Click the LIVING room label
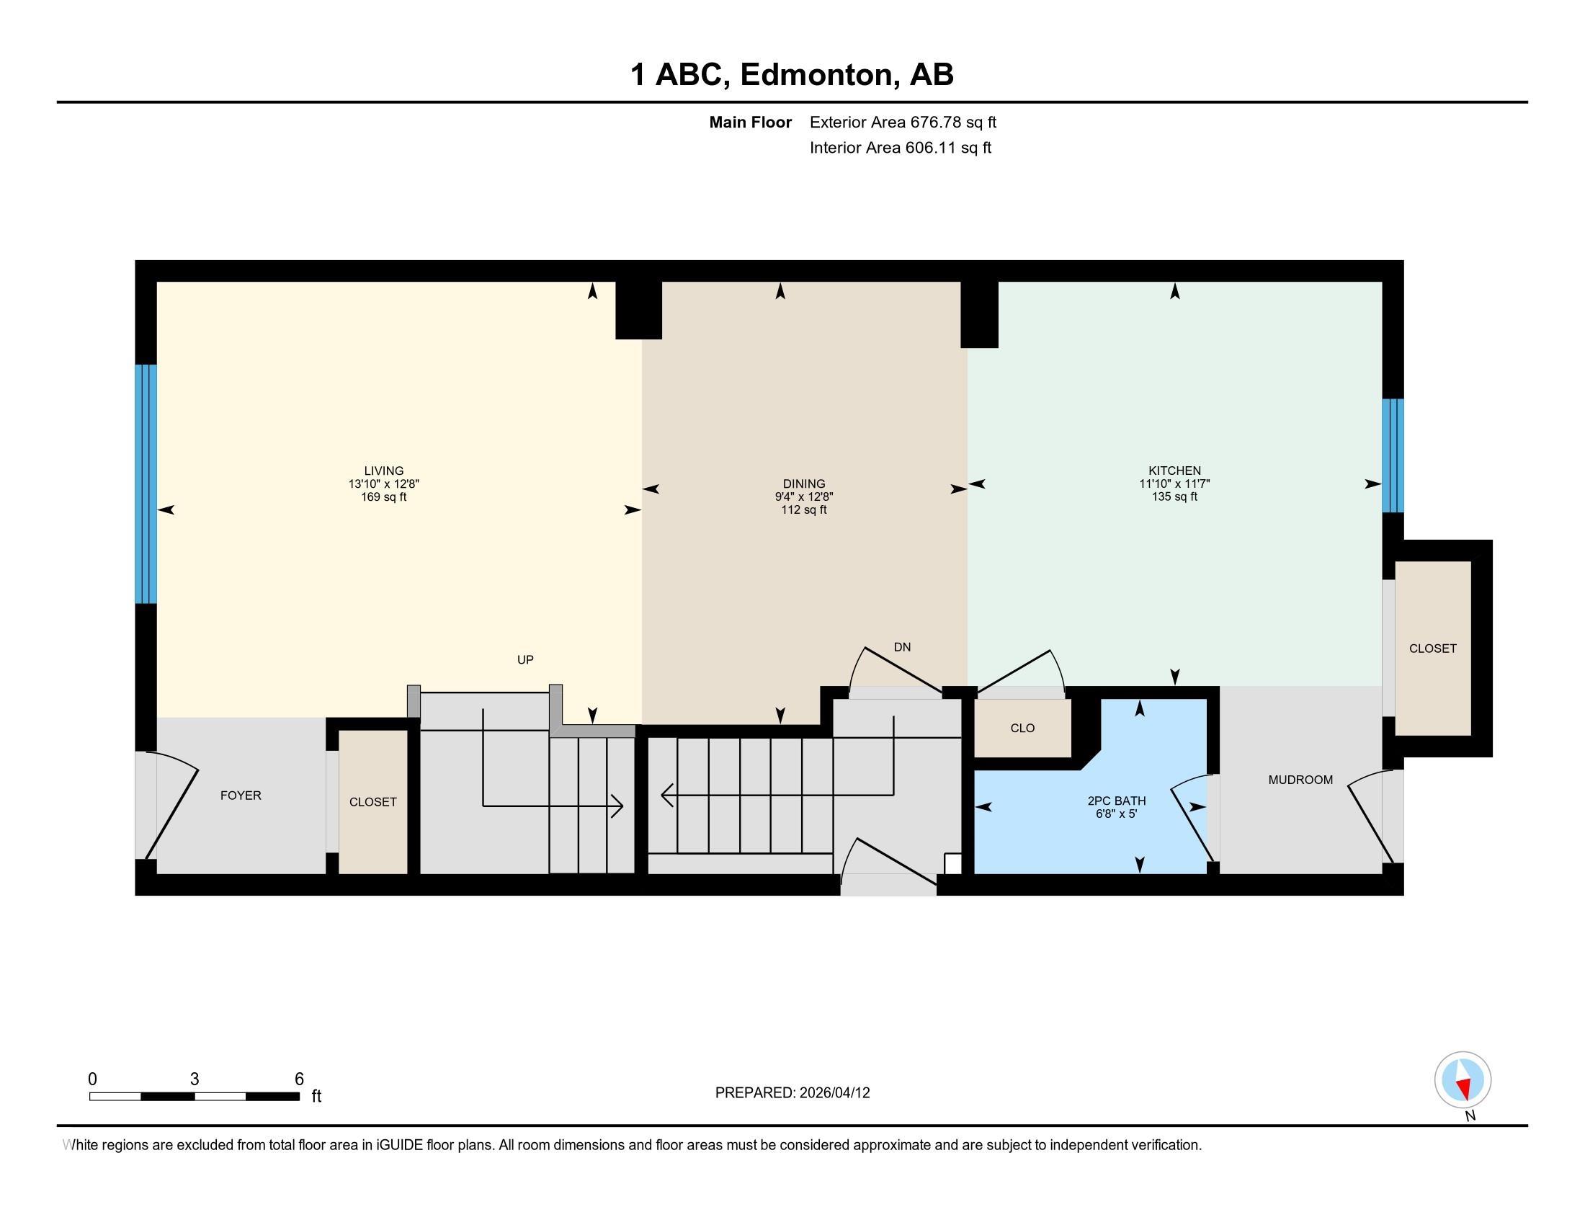pos(384,471)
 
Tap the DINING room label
pos(804,484)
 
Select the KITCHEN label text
pos(1174,471)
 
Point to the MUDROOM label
pos(1300,780)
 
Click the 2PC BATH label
pos(1117,801)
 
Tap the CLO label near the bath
pos(1022,729)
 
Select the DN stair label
pos(902,647)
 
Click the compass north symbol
pos(1463,1080)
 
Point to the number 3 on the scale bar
pos(195,1079)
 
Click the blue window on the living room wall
pos(146,484)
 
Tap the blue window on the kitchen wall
pos(1393,455)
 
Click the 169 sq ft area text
pos(384,497)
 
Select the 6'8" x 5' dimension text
pos(1117,814)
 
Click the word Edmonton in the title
pos(816,75)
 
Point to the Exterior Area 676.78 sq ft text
pos(903,122)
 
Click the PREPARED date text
pos(792,1093)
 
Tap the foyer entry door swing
pos(172,806)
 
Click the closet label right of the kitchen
pos(1432,649)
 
